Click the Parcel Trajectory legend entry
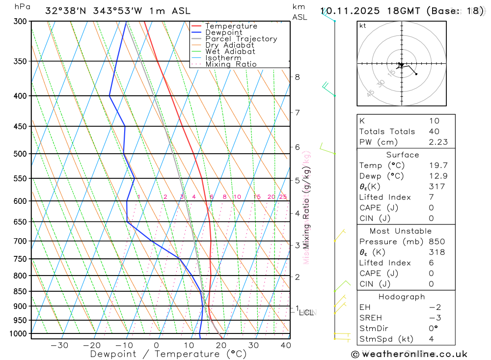(241, 39)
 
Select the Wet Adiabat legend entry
(230, 52)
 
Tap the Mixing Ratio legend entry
(231, 64)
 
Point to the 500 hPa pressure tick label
(20, 154)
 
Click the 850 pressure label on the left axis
(20, 291)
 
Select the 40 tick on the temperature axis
(286, 345)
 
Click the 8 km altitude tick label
(297, 77)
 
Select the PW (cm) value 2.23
(434, 142)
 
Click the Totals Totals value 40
(434, 132)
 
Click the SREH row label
(371, 318)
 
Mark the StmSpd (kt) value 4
(431, 339)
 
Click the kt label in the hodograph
(363, 26)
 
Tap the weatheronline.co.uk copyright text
(409, 354)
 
